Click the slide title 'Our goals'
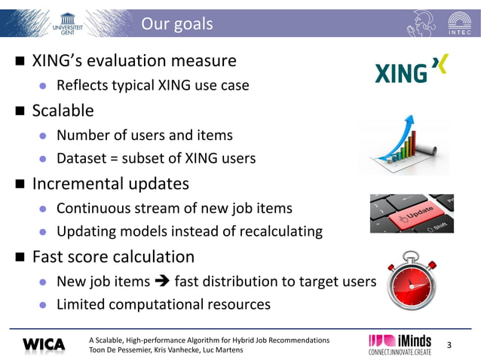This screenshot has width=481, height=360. [x=176, y=24]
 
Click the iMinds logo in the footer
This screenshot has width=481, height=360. [x=400, y=343]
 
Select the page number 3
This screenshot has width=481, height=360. [x=449, y=345]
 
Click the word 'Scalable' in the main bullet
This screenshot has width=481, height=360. [x=63, y=111]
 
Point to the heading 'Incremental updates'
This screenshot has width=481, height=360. [x=110, y=184]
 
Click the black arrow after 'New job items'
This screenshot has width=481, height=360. [x=161, y=282]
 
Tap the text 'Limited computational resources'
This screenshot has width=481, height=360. [x=163, y=304]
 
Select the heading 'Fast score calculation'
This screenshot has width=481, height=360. [x=113, y=257]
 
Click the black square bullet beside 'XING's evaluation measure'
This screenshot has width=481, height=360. [x=18, y=61]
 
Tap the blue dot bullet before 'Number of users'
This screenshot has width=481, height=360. [x=44, y=136]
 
